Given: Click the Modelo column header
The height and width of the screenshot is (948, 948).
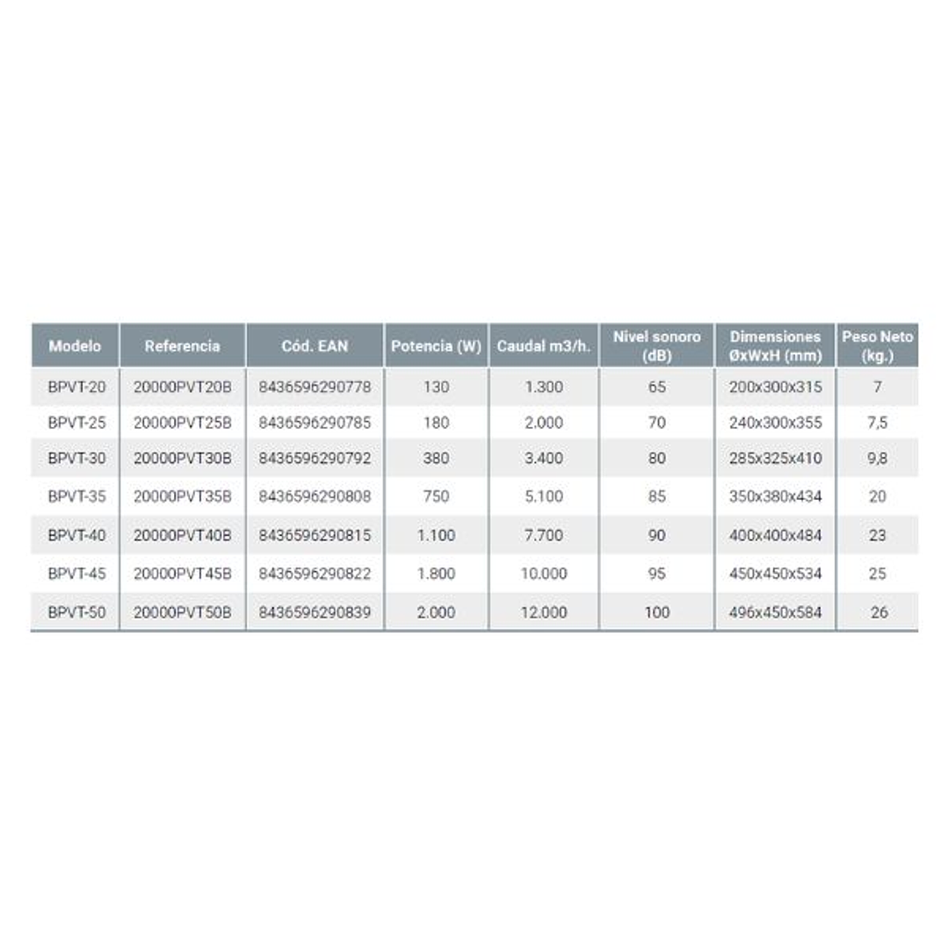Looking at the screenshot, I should pyautogui.click(x=75, y=345).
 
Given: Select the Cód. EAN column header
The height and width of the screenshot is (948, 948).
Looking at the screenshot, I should pyautogui.click(x=315, y=345).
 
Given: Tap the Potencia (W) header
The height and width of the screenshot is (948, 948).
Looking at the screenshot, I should pyautogui.click(x=436, y=345).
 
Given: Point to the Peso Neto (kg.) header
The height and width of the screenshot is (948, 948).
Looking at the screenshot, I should pyautogui.click(x=877, y=345).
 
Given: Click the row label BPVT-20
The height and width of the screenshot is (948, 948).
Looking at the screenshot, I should pyautogui.click(x=76, y=387).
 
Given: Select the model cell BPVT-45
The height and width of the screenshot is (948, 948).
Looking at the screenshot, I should pyautogui.click(x=76, y=574).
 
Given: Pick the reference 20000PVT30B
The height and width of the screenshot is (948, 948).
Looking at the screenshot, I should pyautogui.click(x=183, y=458).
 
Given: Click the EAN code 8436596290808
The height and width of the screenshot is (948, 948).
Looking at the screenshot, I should pyautogui.click(x=315, y=496).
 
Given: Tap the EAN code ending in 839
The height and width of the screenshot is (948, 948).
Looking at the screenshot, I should pyautogui.click(x=315, y=612).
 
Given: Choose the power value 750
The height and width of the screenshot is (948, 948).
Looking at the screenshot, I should pyautogui.click(x=436, y=496).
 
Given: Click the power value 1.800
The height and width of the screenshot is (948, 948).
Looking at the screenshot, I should pyautogui.click(x=436, y=574).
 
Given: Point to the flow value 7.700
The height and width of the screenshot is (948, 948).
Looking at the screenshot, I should pyautogui.click(x=543, y=535).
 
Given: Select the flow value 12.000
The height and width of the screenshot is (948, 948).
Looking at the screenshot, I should pyautogui.click(x=543, y=612).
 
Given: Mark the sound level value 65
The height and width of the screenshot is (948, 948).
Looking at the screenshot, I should pyautogui.click(x=656, y=387).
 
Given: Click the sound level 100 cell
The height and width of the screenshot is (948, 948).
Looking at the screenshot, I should pyautogui.click(x=656, y=612).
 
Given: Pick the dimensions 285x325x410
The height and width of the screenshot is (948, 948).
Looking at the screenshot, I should pyautogui.click(x=775, y=458).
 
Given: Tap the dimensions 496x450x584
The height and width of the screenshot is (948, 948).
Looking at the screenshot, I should pyautogui.click(x=775, y=612).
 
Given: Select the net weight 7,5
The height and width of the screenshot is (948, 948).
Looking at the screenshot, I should pyautogui.click(x=877, y=423).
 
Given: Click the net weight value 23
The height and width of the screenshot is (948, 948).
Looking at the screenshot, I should pyautogui.click(x=877, y=535).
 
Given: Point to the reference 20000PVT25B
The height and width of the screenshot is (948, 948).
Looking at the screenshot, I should pyautogui.click(x=183, y=423).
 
